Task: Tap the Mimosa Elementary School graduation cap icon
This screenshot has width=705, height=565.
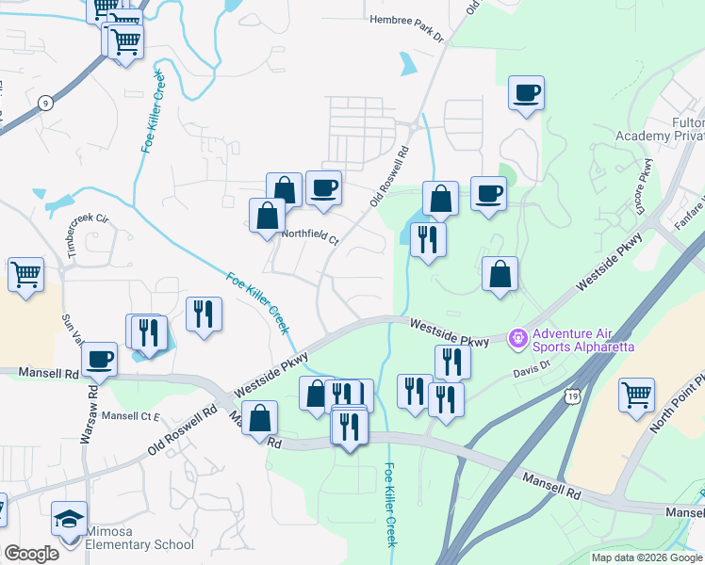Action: point(69,520)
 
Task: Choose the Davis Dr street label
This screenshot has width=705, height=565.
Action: point(532,372)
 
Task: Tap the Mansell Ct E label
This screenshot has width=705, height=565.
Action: point(132,415)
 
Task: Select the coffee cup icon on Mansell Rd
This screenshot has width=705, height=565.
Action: point(99,358)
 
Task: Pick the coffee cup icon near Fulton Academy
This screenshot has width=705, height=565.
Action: point(526,92)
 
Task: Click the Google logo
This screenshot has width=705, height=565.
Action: point(31,554)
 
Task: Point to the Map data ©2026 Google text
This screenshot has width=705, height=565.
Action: point(646,557)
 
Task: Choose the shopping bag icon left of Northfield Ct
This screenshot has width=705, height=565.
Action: point(267,215)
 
